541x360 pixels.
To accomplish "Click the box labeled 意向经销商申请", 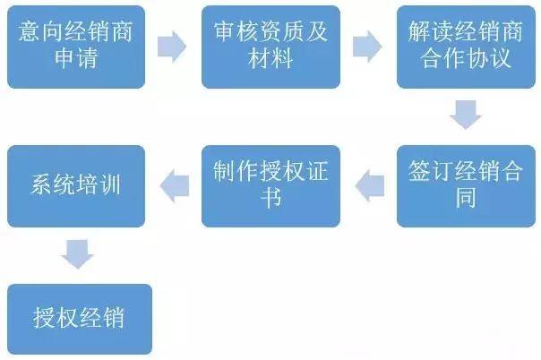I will pyautogui.click(x=75, y=47).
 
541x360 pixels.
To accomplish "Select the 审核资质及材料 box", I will pyautogui.click(x=270, y=47).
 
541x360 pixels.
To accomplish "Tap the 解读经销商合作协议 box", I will pyautogui.click(x=466, y=47).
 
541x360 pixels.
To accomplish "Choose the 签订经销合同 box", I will pyautogui.click(x=466, y=184).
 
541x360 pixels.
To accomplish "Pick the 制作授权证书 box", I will pyautogui.click(x=270, y=184).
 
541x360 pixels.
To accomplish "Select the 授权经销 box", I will pyautogui.click(x=75, y=318).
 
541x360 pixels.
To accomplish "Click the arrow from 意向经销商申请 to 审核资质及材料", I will pyautogui.click(x=172, y=46).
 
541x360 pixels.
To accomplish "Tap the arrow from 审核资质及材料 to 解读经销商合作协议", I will pyautogui.click(x=368, y=46).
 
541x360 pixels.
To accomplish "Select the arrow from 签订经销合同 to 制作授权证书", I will pyautogui.click(x=368, y=184).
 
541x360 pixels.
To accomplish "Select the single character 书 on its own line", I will pyautogui.click(x=271, y=199).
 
